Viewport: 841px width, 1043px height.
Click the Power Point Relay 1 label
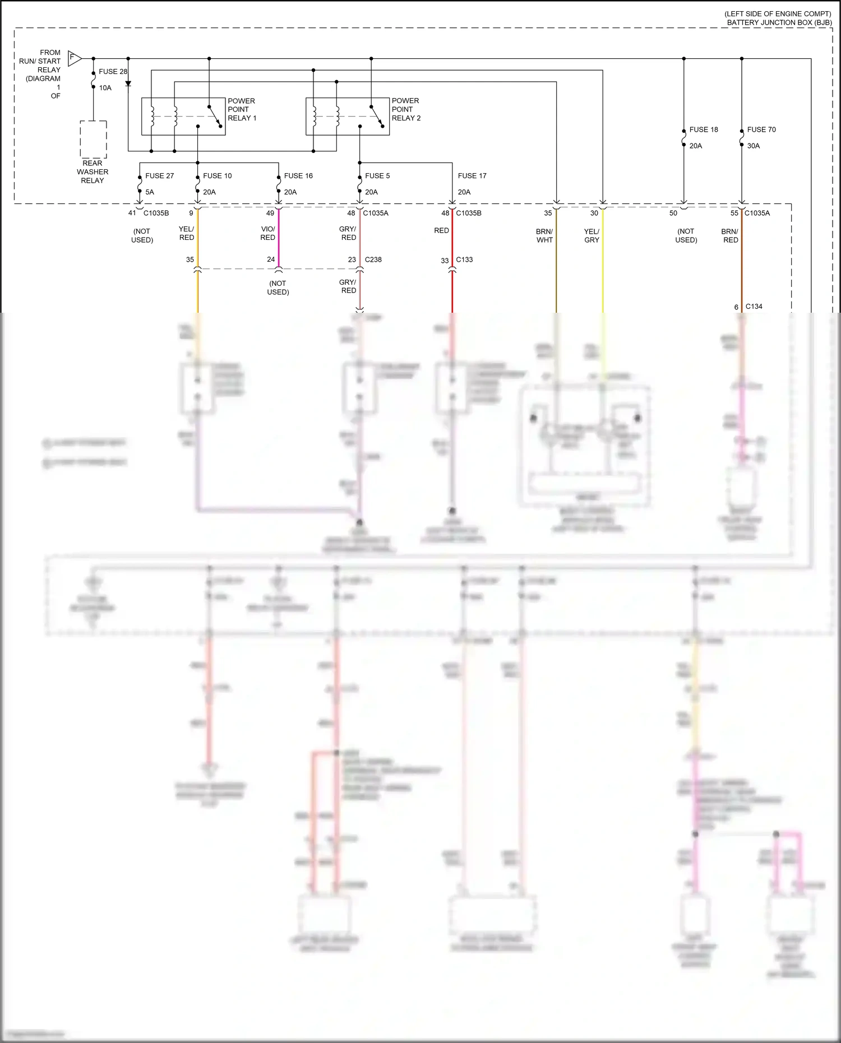tap(242, 109)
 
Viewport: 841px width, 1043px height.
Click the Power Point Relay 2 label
tap(406, 109)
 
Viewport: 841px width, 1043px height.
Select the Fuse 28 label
tap(113, 72)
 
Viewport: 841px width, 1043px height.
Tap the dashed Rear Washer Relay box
tap(93, 139)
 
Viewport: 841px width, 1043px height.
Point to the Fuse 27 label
tap(159, 176)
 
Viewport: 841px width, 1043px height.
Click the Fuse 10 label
tap(217, 176)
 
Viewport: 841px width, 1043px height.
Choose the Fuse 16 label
tap(298, 176)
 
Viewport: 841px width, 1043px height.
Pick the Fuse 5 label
tap(377, 176)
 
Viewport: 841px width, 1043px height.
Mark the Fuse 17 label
tap(472, 176)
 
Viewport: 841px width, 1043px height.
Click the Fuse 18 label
tap(704, 129)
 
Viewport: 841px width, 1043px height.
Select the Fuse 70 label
tap(761, 129)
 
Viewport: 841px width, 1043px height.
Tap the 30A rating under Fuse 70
tap(753, 146)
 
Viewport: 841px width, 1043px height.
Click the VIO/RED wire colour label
tap(268, 233)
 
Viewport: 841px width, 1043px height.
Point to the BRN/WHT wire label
tap(544, 235)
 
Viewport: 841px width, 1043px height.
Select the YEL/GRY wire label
tap(592, 235)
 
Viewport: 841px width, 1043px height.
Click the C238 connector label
tap(373, 259)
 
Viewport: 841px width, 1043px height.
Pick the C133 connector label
tap(464, 259)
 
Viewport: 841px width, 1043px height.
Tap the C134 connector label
tap(754, 307)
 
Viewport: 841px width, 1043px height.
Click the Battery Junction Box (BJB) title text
tap(779, 22)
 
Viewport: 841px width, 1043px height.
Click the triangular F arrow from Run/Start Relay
tap(74, 58)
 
